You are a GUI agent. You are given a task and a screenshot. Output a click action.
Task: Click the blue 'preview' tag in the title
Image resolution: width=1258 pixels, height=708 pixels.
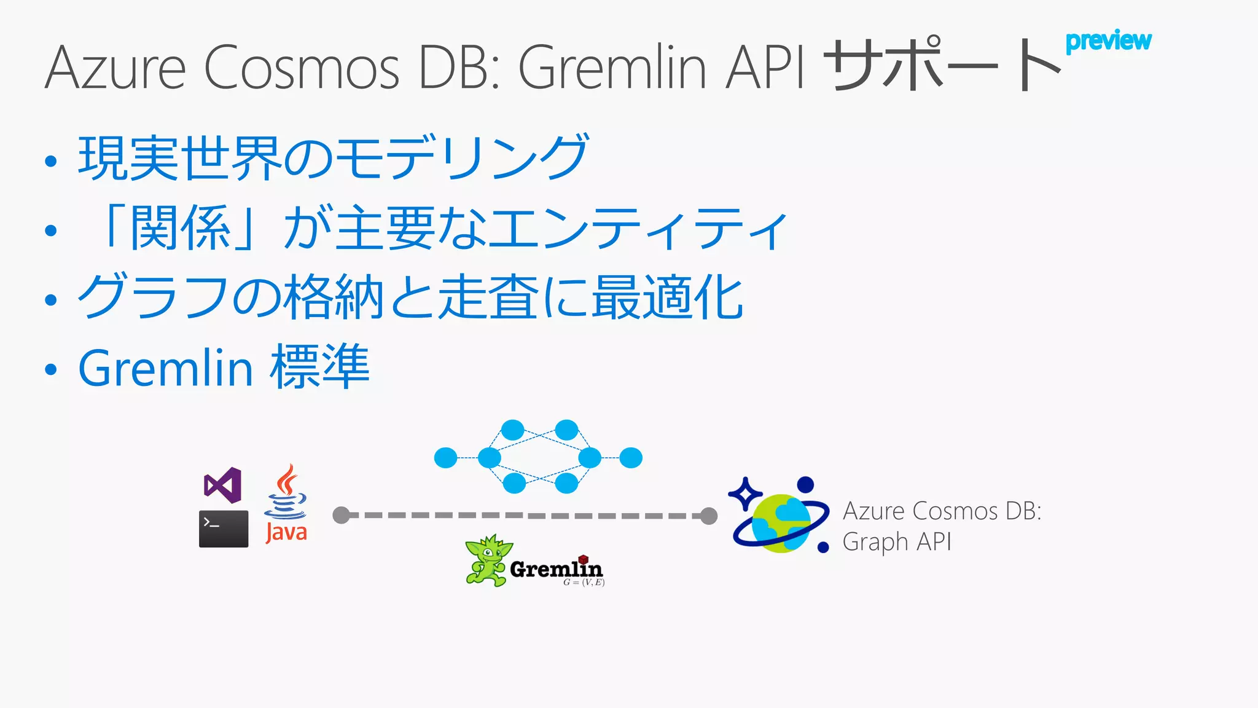(x=1108, y=41)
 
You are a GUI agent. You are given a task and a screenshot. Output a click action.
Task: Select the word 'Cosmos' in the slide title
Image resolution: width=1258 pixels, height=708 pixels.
(x=301, y=68)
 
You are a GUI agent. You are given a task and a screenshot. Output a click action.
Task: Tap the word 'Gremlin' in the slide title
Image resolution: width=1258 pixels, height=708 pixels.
(x=612, y=68)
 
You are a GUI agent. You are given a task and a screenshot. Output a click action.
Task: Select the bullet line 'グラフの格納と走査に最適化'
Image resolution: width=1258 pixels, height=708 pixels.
(x=410, y=297)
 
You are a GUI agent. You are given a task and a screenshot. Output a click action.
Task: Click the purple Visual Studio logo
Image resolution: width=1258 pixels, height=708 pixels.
(x=222, y=486)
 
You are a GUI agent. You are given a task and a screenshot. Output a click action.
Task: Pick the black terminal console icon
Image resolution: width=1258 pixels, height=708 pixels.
(x=224, y=529)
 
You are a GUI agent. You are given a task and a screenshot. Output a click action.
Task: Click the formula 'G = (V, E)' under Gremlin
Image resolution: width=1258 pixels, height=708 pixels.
(x=584, y=582)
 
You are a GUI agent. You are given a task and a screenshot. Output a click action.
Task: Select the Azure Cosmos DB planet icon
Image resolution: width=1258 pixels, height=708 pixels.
(x=780, y=522)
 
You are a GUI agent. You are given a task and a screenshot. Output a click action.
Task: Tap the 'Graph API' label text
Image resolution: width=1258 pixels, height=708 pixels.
(x=896, y=542)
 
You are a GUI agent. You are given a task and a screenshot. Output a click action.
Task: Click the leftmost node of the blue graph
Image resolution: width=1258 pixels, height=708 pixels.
(x=445, y=458)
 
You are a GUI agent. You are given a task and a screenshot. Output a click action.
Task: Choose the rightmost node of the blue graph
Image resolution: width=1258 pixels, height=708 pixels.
(x=631, y=458)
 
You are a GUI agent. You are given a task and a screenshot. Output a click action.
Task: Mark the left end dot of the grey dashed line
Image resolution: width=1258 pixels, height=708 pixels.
(x=341, y=515)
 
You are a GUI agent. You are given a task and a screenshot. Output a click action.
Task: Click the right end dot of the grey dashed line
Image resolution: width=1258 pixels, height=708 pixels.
(x=709, y=516)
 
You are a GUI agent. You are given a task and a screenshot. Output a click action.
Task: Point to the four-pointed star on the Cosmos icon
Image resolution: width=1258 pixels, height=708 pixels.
(x=745, y=494)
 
